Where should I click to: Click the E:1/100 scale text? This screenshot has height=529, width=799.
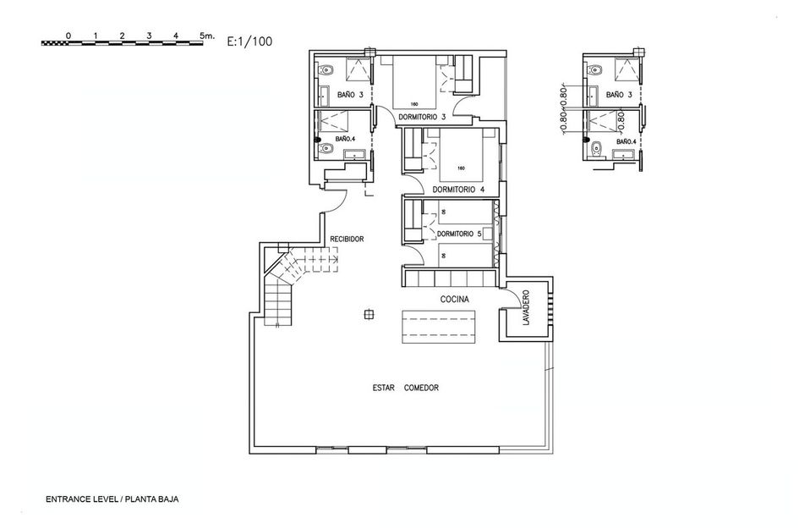click(249, 39)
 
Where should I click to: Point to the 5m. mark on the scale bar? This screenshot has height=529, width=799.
click(207, 36)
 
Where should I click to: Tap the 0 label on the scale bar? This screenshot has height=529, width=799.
click(68, 36)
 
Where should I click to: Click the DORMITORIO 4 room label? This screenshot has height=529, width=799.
click(457, 190)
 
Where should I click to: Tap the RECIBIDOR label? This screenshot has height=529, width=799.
click(347, 240)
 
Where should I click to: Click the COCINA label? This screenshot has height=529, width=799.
click(454, 300)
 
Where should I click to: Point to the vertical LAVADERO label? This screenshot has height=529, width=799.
click(526, 309)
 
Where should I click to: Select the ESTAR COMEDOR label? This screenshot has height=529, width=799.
click(405, 388)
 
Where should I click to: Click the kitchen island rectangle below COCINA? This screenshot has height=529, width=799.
click(438, 326)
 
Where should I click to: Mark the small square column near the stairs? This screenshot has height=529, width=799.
click(368, 315)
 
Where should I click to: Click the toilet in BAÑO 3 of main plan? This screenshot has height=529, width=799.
click(330, 69)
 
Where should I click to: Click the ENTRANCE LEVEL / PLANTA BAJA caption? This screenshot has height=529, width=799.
click(112, 499)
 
